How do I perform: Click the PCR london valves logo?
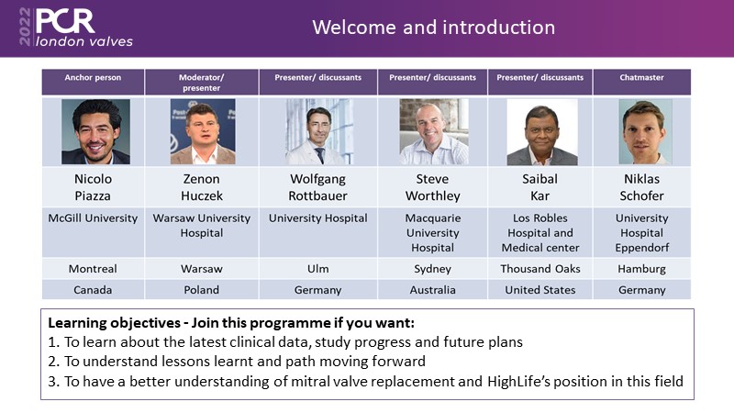click(76, 28)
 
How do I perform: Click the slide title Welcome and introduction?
click(433, 28)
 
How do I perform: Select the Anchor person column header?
click(93, 78)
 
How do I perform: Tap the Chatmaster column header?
click(641, 78)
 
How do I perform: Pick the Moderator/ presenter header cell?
click(201, 83)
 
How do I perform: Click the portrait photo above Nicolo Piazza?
click(95, 131)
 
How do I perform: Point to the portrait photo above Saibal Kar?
click(542, 131)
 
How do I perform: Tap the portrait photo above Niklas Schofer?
click(645, 131)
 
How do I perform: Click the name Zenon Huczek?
click(202, 187)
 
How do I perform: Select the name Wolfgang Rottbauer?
click(317, 187)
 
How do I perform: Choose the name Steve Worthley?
click(432, 187)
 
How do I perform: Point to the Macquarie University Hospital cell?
click(432, 233)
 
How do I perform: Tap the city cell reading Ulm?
click(317, 269)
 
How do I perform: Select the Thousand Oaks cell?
click(540, 269)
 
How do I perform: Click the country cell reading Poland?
click(201, 290)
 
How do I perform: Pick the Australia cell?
click(432, 290)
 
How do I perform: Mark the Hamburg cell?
click(641, 269)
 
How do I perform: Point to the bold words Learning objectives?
click(114, 323)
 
